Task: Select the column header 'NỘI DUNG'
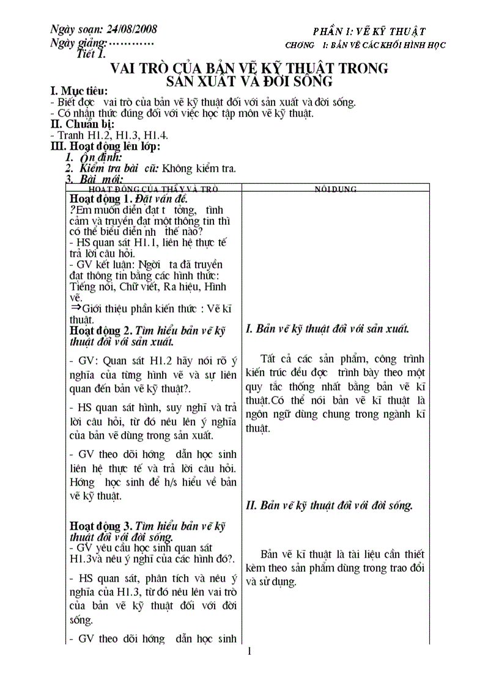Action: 336,189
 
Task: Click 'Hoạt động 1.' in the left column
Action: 100,199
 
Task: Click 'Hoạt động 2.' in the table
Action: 100,330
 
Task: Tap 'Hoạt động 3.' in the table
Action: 100,525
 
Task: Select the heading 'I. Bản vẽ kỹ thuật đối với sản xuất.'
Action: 327,329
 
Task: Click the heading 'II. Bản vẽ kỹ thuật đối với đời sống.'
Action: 329,505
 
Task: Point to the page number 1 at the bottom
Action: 250,651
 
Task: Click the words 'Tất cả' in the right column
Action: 275,359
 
